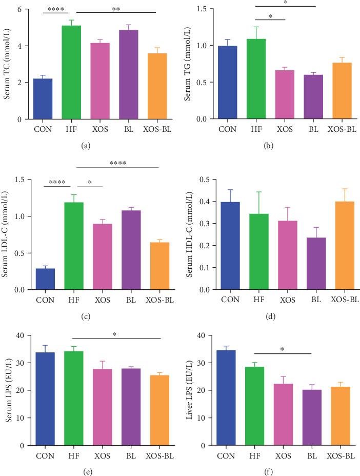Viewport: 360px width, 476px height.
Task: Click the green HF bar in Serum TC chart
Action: pos(71,72)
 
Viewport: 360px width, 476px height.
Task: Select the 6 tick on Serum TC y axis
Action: pos(19,10)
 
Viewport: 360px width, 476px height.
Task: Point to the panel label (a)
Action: pos(86,146)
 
